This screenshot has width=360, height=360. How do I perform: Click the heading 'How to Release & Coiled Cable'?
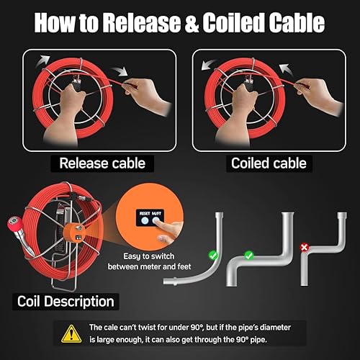[180, 24]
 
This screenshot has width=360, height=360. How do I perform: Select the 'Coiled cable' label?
[268, 163]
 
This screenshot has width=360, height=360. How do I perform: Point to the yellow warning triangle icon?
[69, 333]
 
